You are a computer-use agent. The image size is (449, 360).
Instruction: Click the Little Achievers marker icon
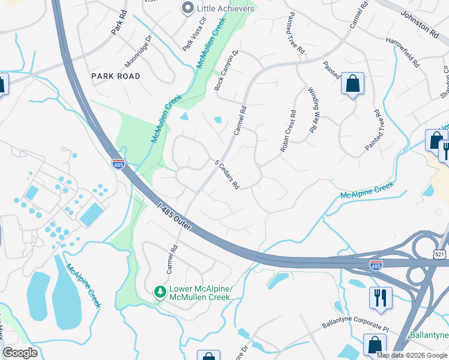pos(188,8)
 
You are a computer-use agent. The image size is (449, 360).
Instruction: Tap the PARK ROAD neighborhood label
pos(116,76)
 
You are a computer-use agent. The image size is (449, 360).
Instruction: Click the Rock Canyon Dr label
pos(227,70)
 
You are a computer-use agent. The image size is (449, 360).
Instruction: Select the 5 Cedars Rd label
pos(228,175)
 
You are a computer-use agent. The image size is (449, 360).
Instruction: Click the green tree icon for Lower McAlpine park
pos(160,292)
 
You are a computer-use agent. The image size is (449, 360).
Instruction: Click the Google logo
pos(20,352)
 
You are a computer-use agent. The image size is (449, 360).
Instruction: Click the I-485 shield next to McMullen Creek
pos(118,163)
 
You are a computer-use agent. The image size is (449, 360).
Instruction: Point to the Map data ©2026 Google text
pos(411,355)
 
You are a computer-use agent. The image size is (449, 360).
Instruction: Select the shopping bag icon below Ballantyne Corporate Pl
pos(375,345)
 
